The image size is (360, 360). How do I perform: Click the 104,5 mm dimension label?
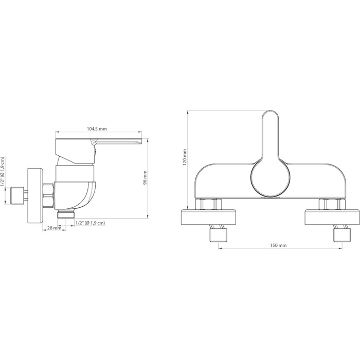coord(97,129)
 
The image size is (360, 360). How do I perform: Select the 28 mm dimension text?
coord(54,228)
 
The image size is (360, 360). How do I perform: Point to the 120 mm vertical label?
coord(185,157)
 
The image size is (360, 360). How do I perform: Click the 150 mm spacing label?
coord(278,245)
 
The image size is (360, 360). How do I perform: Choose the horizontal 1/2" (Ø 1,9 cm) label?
coord(90,223)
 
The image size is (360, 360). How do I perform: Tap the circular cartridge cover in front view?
coord(271,179)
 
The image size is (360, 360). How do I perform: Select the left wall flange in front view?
coord(209,217)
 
